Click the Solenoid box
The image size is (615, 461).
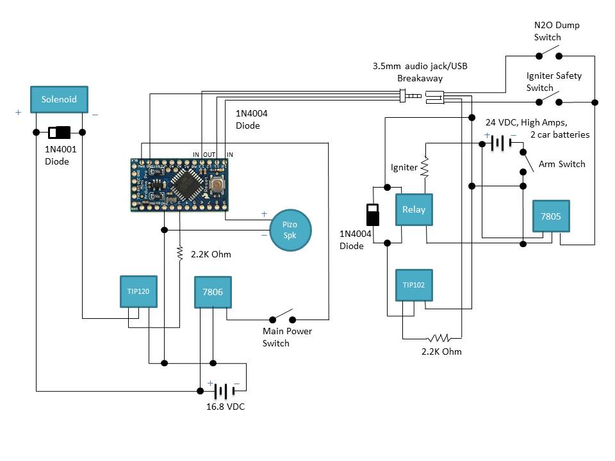pos(59,99)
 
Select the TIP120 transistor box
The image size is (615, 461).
pos(138,291)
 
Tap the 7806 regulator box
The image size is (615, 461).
pos(213,291)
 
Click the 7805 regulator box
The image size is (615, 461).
pos(550,216)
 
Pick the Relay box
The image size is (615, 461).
pos(414,209)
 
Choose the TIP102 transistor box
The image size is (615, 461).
pos(414,285)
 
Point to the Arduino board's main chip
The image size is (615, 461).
pos(187,184)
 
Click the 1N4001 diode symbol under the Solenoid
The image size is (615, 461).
pos(60,133)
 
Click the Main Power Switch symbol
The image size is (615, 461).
pos(282,318)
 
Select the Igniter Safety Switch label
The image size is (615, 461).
pos(553,81)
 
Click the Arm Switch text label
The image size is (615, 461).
pos(561,164)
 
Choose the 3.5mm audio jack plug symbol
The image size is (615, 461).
pos(410,97)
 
